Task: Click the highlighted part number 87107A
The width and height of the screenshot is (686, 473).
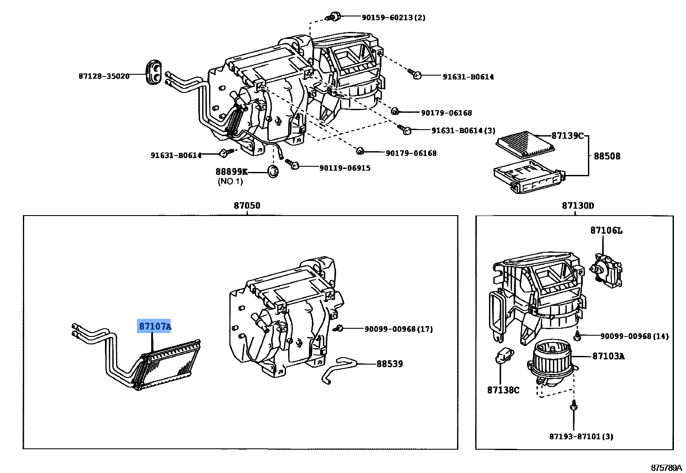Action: (x=155, y=326)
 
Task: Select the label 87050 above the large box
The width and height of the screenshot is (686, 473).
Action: (x=247, y=206)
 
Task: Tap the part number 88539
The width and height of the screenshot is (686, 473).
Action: (x=390, y=364)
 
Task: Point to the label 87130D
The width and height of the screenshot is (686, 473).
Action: (x=578, y=206)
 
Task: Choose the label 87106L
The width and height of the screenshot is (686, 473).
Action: (x=606, y=231)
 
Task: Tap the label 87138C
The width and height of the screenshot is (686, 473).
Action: (x=503, y=390)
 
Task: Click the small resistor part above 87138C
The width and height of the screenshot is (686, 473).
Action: (x=503, y=356)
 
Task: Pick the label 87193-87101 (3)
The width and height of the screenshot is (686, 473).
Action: (x=581, y=436)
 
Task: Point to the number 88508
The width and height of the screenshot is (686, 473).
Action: (x=607, y=156)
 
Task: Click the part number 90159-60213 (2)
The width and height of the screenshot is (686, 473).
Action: (x=393, y=18)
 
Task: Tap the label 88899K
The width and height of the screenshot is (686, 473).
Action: (x=232, y=172)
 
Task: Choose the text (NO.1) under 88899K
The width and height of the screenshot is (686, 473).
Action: (x=230, y=181)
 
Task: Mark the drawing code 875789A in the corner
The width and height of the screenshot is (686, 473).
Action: (x=666, y=468)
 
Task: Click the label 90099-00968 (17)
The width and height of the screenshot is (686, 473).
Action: (x=398, y=329)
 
